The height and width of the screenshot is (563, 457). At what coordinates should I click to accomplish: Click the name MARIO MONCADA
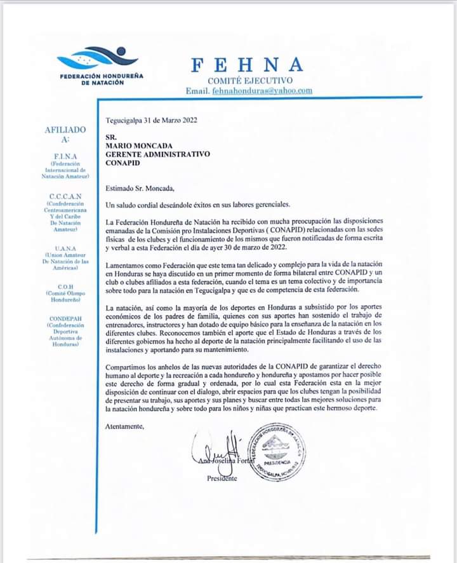[139, 146]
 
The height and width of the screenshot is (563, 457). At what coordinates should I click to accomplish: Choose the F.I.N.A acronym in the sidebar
[65, 156]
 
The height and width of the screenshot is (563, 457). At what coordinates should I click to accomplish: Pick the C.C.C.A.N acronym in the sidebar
[65, 196]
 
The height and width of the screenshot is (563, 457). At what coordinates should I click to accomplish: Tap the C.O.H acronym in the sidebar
[65, 286]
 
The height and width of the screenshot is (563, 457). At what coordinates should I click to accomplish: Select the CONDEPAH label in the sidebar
[65, 312]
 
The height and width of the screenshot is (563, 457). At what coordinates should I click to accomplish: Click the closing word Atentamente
[125, 426]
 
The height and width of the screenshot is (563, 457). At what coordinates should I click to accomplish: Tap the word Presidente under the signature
[222, 478]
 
